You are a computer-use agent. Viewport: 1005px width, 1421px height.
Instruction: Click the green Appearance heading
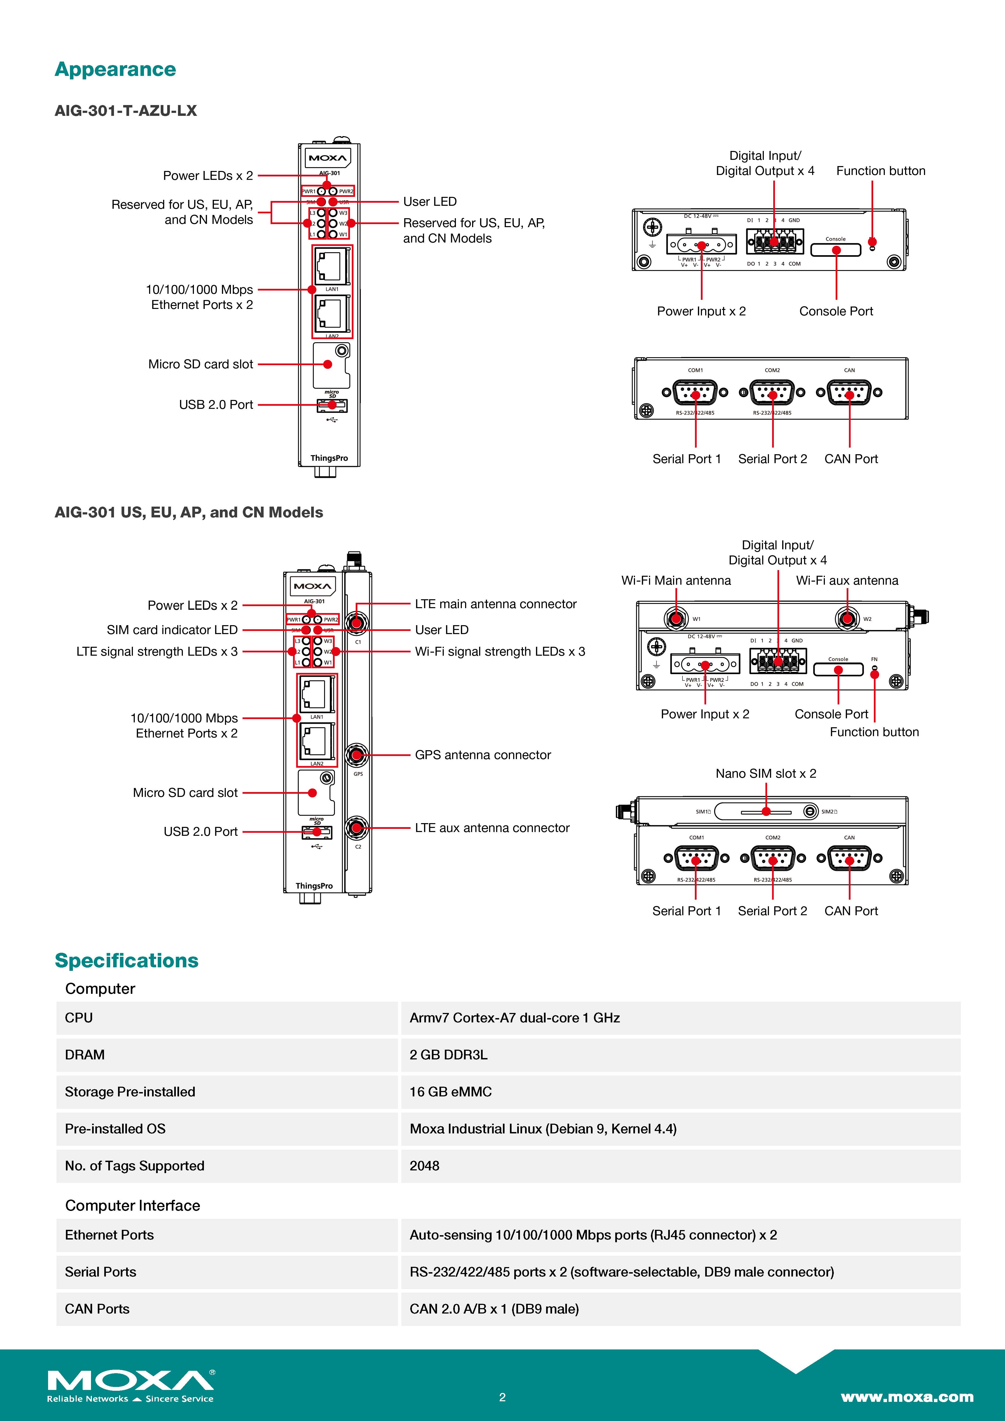click(x=115, y=69)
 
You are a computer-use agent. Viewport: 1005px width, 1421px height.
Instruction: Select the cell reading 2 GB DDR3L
click(x=448, y=1055)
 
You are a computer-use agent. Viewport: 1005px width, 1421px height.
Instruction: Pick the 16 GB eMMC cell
click(x=451, y=1092)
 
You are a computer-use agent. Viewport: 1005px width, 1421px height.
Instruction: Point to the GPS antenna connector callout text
click(x=483, y=755)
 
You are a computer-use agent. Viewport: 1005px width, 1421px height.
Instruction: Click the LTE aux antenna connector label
click(x=492, y=828)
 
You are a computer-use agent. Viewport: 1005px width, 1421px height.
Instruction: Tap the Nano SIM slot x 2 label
click(x=765, y=774)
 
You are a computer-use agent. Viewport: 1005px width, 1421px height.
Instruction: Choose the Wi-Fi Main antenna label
click(x=676, y=581)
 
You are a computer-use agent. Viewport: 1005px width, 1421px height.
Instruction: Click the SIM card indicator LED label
click(x=172, y=630)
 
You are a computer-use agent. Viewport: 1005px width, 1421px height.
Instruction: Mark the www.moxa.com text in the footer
click(x=907, y=1397)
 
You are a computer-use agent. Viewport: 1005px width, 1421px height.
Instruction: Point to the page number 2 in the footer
click(x=502, y=1397)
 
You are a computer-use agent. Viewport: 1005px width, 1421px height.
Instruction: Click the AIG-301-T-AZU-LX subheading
click(x=126, y=111)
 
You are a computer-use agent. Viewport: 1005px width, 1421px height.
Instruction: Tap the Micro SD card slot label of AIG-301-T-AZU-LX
click(x=200, y=365)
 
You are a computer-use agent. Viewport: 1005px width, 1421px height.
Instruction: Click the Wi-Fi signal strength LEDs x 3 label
click(x=499, y=652)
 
